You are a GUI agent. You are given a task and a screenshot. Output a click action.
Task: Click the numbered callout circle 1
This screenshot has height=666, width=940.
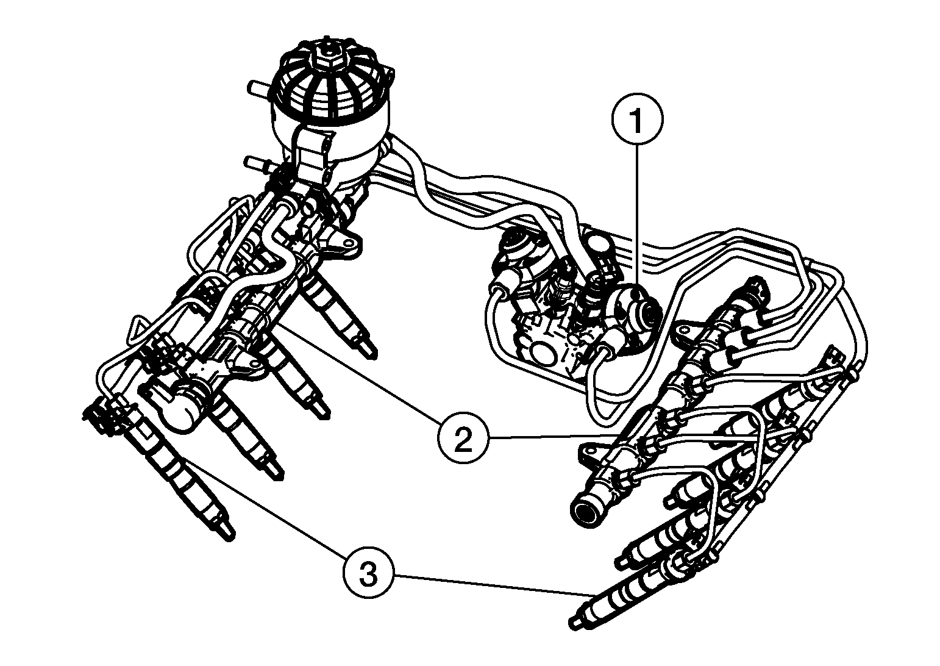638,120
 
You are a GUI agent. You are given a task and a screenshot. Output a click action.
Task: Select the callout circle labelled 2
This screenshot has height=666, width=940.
463,437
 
